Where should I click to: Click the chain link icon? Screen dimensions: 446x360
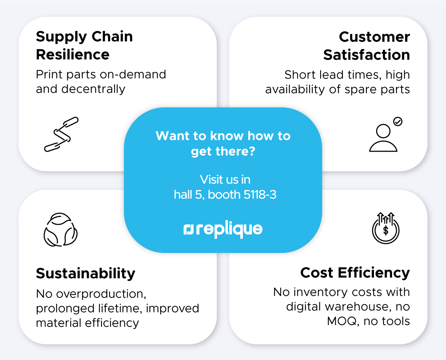(x=61, y=134)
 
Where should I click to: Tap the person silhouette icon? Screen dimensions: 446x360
(x=383, y=138)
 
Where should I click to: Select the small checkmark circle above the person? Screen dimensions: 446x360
(x=398, y=122)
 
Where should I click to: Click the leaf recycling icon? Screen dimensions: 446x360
(x=61, y=230)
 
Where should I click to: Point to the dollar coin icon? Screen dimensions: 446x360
(x=386, y=228)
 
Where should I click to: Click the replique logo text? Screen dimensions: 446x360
(x=223, y=229)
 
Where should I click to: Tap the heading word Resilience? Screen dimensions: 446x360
(x=72, y=55)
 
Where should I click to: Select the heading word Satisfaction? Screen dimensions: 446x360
(x=366, y=55)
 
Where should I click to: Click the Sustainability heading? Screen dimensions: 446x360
(x=86, y=273)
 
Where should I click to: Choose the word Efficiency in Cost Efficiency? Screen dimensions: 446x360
(x=374, y=273)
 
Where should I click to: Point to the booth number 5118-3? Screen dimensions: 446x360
(x=260, y=194)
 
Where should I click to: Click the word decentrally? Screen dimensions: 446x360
(x=93, y=89)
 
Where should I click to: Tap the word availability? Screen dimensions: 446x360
(x=295, y=90)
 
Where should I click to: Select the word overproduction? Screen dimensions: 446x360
(x=101, y=294)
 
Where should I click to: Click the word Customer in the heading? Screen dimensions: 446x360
(x=374, y=37)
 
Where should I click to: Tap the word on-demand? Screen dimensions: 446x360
(x=133, y=74)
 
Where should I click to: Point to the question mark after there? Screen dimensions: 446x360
(x=252, y=151)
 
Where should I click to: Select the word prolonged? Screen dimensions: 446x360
(x=65, y=309)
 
